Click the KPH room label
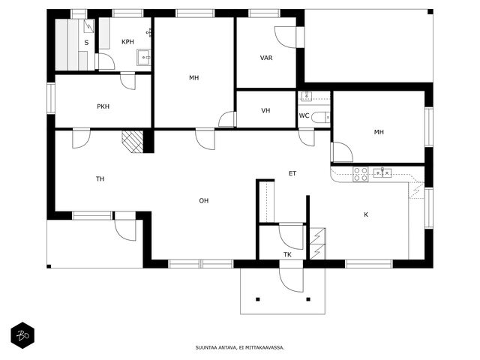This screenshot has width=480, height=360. (x=127, y=42)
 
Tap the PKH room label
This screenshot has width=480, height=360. (x=103, y=106)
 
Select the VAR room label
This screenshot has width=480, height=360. (x=266, y=58)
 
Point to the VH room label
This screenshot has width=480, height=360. (x=265, y=110)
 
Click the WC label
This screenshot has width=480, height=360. (x=304, y=115)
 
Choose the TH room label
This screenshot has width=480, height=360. (x=100, y=178)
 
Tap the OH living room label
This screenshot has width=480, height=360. (x=204, y=201)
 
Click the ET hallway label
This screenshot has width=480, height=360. (x=292, y=173)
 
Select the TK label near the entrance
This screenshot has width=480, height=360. (x=287, y=255)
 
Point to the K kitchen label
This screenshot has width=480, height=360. (x=366, y=215)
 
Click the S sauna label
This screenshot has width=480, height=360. (x=87, y=43)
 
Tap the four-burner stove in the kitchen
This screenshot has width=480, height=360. (x=360, y=175)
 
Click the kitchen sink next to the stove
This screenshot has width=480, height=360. (x=382, y=173)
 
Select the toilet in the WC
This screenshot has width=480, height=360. (x=321, y=117)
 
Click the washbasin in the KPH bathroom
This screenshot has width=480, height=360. (x=143, y=57)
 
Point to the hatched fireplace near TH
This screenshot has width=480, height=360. (x=133, y=142)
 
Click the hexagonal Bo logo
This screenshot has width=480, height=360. (x=22, y=335)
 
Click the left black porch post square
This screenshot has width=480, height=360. (x=258, y=299)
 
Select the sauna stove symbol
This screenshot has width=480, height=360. (x=88, y=26)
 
